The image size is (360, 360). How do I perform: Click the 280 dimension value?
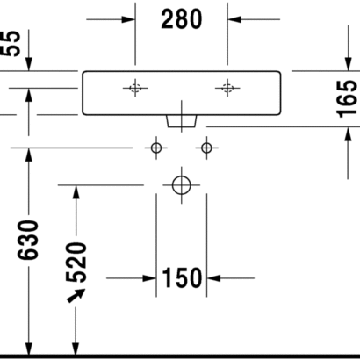(182, 19)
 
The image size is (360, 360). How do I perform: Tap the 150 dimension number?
(182, 277)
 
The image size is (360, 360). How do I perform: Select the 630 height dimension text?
(28, 241)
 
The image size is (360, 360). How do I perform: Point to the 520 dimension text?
(76, 263)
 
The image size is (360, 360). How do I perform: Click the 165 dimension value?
(347, 99)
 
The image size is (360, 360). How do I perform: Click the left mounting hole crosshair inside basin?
(135, 88)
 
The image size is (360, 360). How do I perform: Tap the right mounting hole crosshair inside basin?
(227, 88)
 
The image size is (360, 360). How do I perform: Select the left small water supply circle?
(156, 148)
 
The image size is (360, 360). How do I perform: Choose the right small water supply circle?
(206, 148)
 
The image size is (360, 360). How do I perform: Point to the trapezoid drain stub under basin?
(182, 121)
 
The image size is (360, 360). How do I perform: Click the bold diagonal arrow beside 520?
(76, 295)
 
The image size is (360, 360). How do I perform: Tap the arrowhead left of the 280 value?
(128, 19)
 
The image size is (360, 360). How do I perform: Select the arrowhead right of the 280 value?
(234, 19)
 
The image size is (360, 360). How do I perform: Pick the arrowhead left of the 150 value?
(149, 278)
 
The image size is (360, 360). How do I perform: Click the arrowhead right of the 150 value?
(213, 278)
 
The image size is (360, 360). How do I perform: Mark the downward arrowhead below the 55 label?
(29, 64)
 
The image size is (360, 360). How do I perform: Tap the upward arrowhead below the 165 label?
(348, 134)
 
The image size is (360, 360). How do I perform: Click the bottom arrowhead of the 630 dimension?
(29, 349)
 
